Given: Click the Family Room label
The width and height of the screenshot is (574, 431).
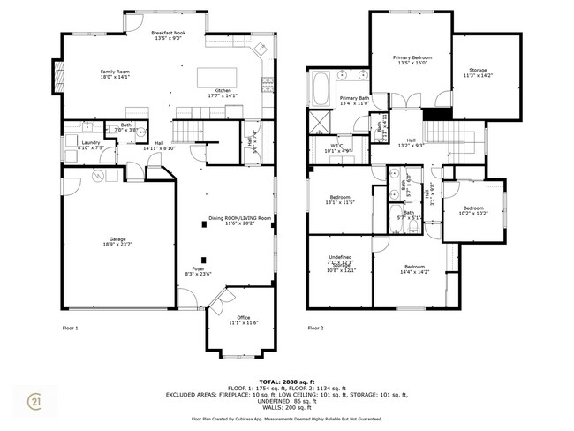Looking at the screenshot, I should click(115, 73).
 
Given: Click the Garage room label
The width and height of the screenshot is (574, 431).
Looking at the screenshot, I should click(117, 241).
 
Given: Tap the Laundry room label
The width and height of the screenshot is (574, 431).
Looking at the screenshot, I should click(90, 145).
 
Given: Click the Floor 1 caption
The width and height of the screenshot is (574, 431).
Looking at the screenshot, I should click(71, 328).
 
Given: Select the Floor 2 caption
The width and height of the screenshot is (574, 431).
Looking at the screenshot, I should click(316, 328).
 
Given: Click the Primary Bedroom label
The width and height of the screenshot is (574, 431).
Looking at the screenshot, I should click(412, 60).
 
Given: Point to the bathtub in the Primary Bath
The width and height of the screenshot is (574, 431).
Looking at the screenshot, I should click(319, 88).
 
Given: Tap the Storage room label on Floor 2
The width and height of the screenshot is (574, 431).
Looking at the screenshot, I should click(478, 72).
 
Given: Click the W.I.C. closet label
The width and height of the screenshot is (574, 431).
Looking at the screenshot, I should click(337, 147).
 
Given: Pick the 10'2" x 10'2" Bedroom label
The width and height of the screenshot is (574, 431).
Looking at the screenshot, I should click(473, 211).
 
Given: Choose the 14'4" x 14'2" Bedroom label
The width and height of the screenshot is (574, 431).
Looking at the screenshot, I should click(415, 269).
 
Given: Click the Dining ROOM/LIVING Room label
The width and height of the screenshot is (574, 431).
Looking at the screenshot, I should click(239, 220).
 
